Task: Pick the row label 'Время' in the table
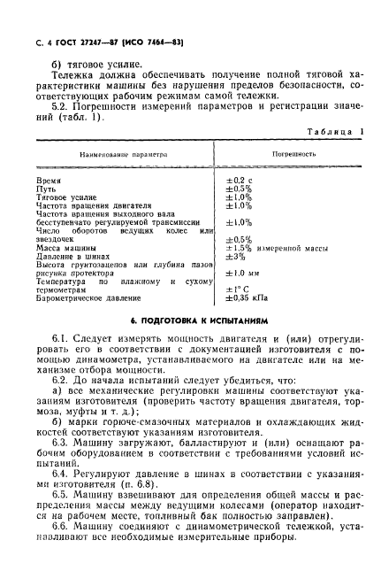pyautogui.click(x=49, y=178)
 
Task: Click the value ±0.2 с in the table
pyautogui.click(x=239, y=178)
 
